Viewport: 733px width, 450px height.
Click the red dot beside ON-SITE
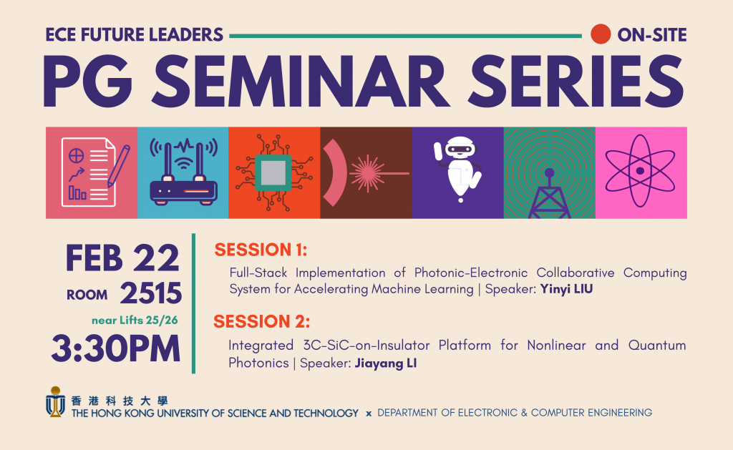[x=601, y=34]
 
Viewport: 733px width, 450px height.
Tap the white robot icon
[x=457, y=169]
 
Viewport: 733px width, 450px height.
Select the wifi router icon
[x=183, y=172]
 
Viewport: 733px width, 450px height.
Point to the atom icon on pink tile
[x=641, y=171]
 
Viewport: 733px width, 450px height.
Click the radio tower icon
[x=549, y=193]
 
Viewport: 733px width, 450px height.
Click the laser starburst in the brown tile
[x=367, y=173]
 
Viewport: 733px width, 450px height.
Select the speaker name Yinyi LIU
[x=566, y=289]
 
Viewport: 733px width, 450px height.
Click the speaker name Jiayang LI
[x=385, y=363]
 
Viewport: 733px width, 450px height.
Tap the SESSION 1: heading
[x=261, y=250]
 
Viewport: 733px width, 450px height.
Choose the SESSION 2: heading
[x=261, y=321]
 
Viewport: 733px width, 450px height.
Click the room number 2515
[x=150, y=293]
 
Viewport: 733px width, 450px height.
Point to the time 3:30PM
[x=115, y=348]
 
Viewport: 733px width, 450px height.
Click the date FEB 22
[x=122, y=258]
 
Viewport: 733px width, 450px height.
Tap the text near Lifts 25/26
[x=135, y=320]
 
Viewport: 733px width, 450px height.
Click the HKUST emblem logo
[x=55, y=401]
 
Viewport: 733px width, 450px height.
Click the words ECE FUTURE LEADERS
[x=134, y=34]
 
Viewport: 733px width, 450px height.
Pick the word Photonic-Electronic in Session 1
[x=471, y=273]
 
